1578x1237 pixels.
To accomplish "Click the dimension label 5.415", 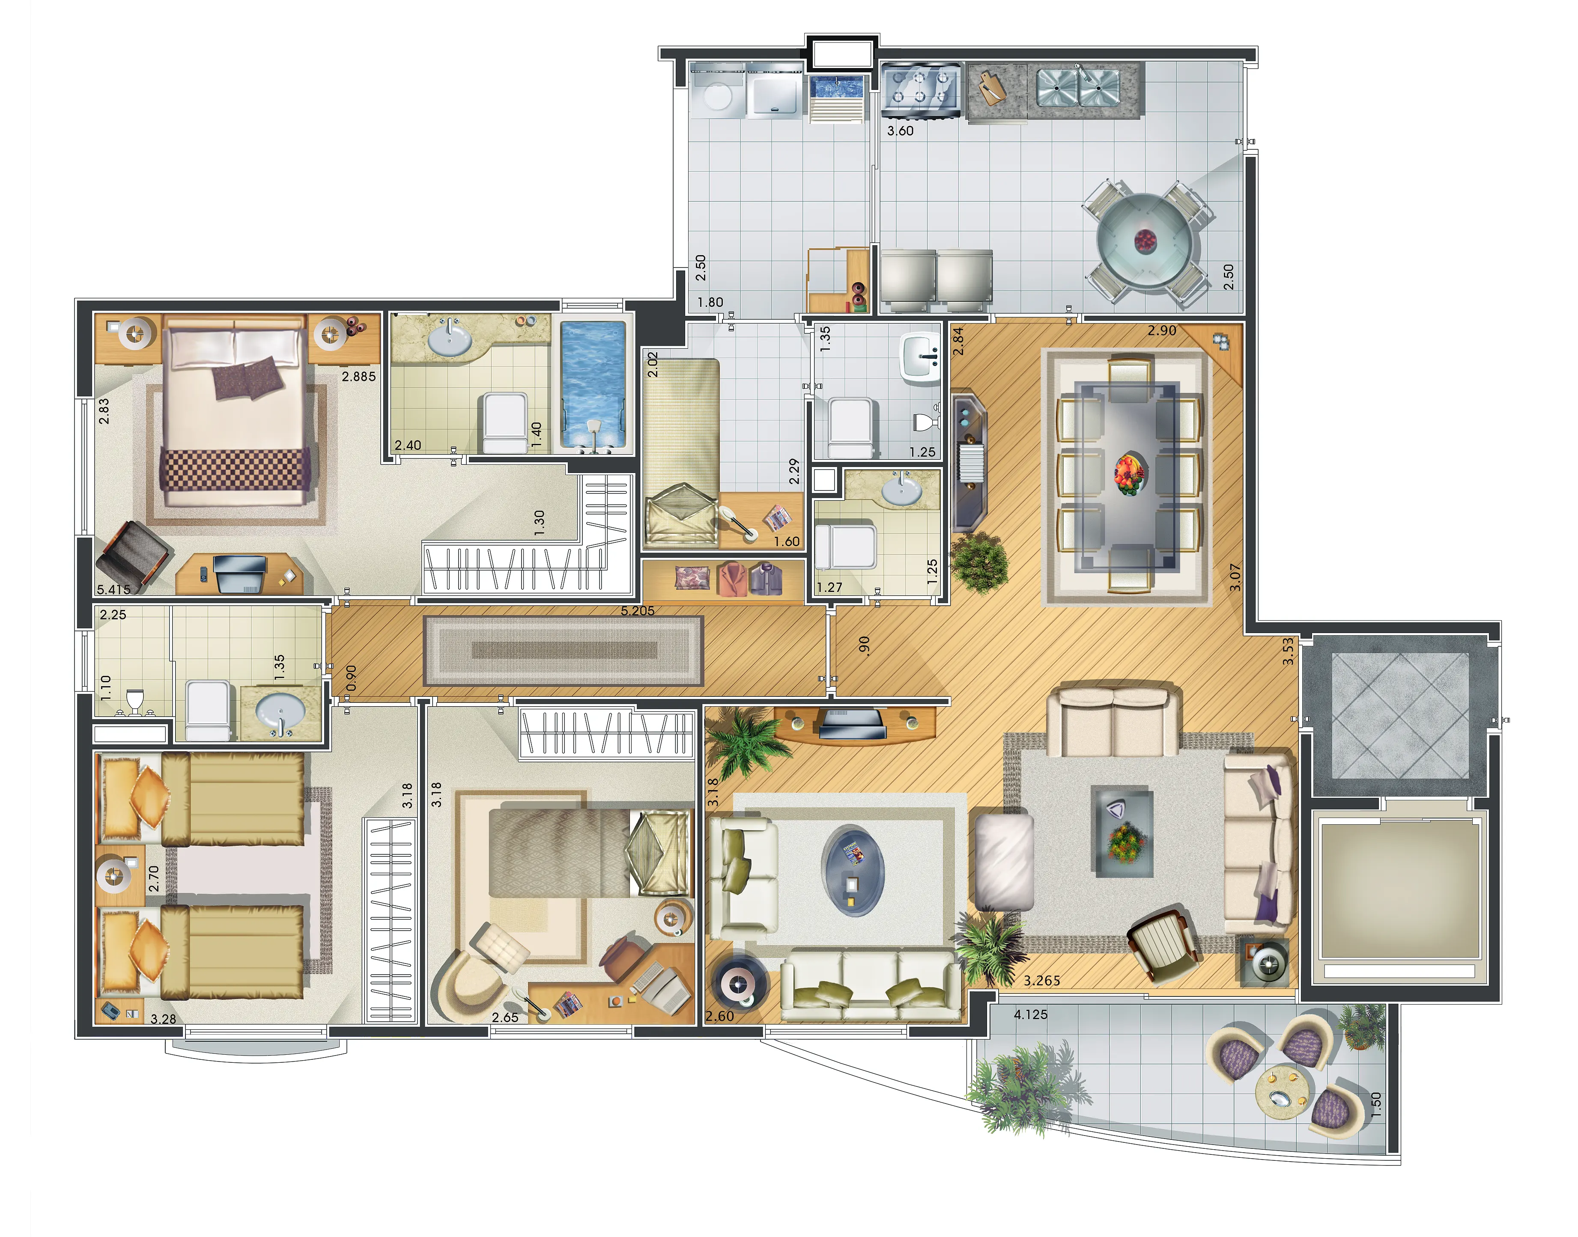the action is tap(114, 589).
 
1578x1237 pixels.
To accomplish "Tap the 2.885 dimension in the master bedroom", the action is tap(359, 377).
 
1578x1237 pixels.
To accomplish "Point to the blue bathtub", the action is tap(593, 384).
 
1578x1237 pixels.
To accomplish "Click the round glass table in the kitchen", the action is tap(1145, 241).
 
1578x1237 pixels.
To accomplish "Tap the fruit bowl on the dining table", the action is tap(1130, 474).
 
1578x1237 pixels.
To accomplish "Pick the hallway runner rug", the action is tap(563, 650).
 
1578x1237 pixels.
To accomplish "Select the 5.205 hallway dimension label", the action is tap(638, 610).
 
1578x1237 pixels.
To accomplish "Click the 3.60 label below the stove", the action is tap(901, 131).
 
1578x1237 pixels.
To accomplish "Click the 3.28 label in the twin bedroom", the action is tap(163, 1019).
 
